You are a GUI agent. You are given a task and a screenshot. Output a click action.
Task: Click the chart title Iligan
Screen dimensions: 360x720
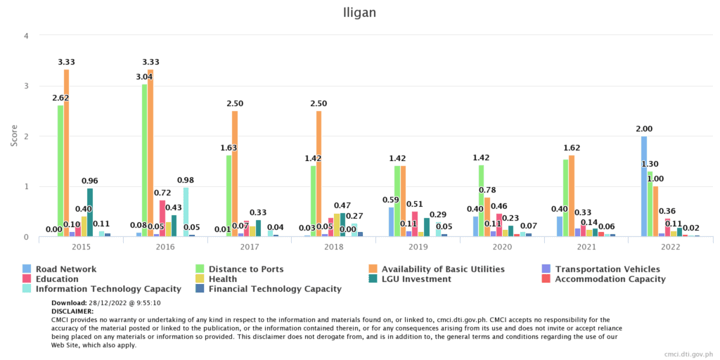click(359, 12)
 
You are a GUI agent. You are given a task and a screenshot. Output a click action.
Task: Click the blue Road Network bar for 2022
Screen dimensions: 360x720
click(643, 186)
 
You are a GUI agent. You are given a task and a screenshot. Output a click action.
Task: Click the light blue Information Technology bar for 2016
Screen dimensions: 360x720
click(186, 212)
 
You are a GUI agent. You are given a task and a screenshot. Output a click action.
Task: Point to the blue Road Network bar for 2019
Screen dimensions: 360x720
click(391, 222)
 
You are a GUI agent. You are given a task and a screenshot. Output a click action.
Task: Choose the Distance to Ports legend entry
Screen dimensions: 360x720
click(240, 269)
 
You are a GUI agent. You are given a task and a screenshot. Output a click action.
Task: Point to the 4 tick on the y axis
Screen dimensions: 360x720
click(26, 36)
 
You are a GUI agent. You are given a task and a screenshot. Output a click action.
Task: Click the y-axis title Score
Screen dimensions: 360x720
click(14, 136)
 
